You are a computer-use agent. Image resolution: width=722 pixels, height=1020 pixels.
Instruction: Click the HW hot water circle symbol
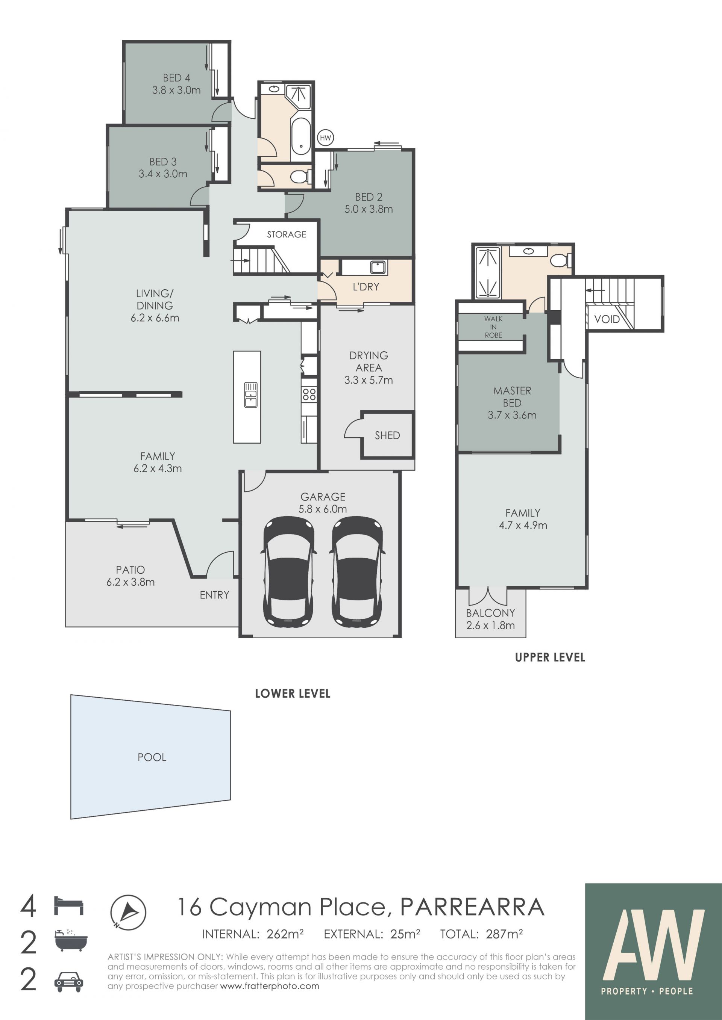tap(325, 138)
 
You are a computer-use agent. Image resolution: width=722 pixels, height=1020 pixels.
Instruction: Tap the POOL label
tap(152, 757)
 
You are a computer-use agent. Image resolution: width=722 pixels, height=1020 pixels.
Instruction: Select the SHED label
tap(387, 435)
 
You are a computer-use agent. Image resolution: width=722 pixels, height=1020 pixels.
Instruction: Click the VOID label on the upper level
tap(607, 319)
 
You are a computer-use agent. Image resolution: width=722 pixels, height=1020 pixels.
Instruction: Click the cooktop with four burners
tap(309, 394)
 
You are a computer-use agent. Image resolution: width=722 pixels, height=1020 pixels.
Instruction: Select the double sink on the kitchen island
tap(250, 395)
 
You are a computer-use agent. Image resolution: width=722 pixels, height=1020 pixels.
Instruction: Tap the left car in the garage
tap(290, 571)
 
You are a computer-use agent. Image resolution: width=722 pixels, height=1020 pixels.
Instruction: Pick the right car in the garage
tap(357, 571)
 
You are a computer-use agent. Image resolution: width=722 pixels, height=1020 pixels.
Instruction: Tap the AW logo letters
tap(653, 944)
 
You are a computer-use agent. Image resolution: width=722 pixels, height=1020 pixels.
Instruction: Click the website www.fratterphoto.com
tap(269, 986)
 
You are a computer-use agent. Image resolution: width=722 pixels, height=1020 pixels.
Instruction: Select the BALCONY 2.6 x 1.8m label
tap(490, 619)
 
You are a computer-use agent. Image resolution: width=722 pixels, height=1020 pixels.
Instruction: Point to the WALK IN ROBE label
tap(493, 327)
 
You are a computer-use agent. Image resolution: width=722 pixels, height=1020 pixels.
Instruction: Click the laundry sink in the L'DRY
tap(378, 267)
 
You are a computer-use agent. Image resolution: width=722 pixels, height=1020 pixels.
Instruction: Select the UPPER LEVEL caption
tap(550, 657)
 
